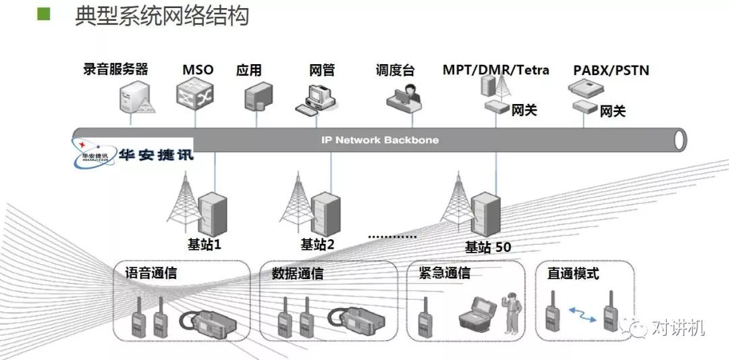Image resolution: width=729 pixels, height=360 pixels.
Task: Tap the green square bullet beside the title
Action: [44, 14]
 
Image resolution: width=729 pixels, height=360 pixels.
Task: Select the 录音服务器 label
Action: [115, 69]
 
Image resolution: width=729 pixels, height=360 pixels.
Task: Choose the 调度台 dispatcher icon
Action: [403, 96]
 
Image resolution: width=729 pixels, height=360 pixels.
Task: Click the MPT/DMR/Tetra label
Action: [495, 70]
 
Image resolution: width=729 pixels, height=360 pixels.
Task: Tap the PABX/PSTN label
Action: [611, 70]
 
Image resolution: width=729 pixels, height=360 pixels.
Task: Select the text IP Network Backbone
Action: [379, 140]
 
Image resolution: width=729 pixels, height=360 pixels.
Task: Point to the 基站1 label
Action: [204, 244]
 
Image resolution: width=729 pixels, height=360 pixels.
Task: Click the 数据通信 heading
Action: [297, 274]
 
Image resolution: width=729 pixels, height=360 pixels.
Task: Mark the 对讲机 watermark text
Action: [678, 328]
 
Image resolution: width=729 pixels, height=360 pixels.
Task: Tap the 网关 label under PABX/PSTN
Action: [613, 111]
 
